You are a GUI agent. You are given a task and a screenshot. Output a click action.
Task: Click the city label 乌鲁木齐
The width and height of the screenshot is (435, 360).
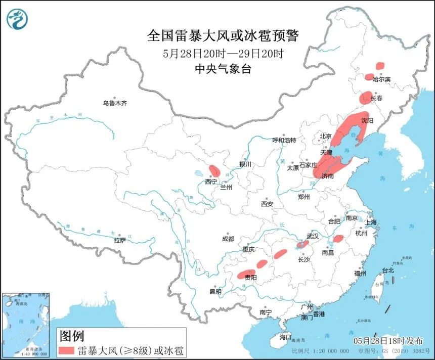(x=114, y=103)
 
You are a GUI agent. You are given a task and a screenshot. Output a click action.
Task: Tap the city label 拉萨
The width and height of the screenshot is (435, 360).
(x=120, y=241)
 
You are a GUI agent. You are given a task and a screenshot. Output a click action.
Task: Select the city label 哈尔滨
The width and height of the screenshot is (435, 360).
(x=381, y=79)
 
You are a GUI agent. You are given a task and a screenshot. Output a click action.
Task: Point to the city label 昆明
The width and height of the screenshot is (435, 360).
(x=215, y=292)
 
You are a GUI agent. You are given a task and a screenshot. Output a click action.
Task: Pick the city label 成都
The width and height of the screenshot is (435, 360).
(x=228, y=239)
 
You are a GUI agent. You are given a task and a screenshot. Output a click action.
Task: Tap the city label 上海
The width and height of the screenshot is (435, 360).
(x=371, y=222)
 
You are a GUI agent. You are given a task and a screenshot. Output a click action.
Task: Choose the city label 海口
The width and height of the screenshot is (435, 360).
(x=285, y=337)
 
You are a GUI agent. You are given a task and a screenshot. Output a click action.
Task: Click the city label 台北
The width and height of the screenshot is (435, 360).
(x=387, y=271)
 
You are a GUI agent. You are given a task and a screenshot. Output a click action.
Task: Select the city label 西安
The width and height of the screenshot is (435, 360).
(x=267, y=204)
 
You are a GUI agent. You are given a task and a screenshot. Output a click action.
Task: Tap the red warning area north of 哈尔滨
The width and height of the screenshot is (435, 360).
(x=380, y=65)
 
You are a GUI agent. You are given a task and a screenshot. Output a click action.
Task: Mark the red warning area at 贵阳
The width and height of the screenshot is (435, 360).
(x=246, y=275)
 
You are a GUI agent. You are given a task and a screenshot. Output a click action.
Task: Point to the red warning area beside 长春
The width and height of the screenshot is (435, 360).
(x=365, y=98)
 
